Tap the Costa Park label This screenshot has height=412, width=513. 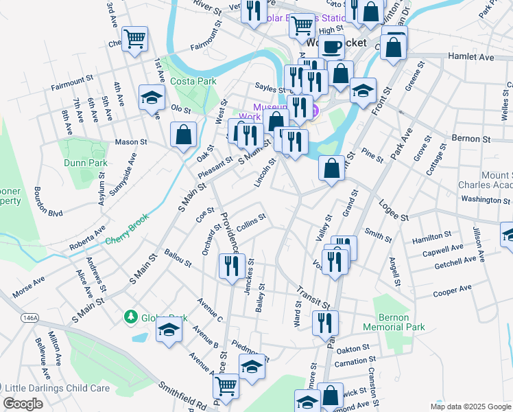[x=193, y=81]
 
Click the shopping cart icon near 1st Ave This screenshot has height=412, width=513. [x=134, y=38]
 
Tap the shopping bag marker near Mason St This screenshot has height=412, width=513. [x=184, y=135]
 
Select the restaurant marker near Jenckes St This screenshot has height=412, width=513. [x=231, y=266]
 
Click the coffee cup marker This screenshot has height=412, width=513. [x=332, y=46]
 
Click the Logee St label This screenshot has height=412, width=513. [x=394, y=211]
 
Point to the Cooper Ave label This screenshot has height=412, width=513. [x=453, y=290]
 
